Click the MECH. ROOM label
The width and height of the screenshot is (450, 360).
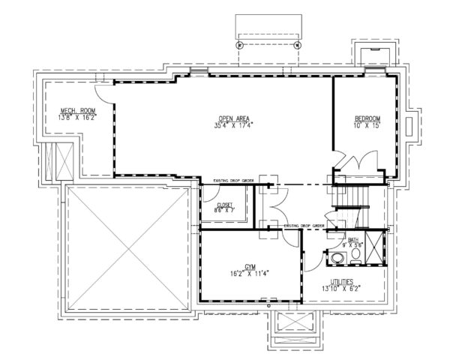point(79,110)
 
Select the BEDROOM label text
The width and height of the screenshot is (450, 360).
point(367,118)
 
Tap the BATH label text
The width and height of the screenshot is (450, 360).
point(353,240)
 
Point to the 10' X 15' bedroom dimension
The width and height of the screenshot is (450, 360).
point(367,125)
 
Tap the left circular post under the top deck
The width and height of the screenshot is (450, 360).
point(240,44)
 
